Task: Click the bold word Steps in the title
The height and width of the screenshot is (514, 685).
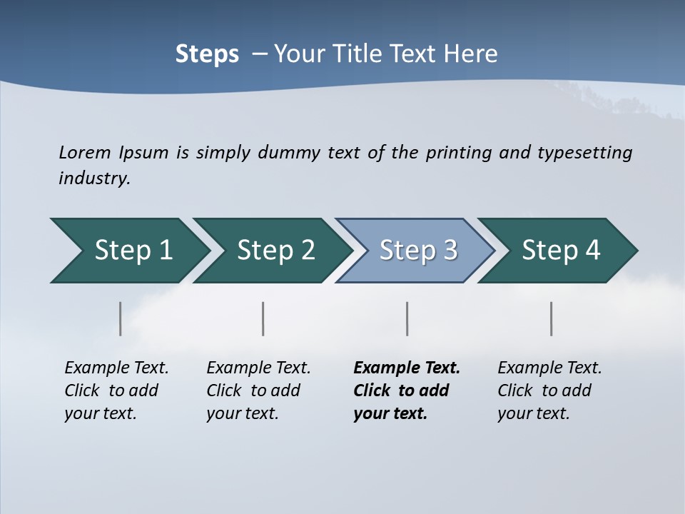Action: [x=207, y=54]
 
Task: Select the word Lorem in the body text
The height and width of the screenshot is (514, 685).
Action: [x=85, y=152]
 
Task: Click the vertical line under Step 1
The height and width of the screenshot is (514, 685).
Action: [x=120, y=318]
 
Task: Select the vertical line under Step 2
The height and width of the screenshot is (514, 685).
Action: [x=263, y=318]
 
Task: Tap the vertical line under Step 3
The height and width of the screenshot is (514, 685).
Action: [x=407, y=318]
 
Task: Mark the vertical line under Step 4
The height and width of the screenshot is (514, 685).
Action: [x=551, y=318]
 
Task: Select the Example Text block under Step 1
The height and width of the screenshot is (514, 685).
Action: [x=116, y=390]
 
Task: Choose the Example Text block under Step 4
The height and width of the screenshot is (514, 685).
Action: [x=549, y=390]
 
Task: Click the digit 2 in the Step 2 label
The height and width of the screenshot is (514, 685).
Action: [x=307, y=251]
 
